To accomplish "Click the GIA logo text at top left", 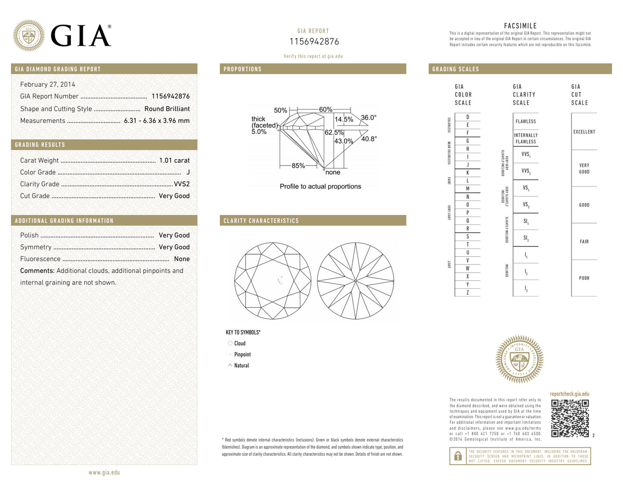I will pos(81,36).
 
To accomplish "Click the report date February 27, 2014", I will pos(47,85).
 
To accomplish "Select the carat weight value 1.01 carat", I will pos(174,161).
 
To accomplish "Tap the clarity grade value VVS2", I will pos(182,184).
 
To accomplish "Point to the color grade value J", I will pos(188,172).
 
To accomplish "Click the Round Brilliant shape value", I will pos(167,109).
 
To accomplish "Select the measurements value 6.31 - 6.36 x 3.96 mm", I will pos(157,121).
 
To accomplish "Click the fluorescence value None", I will pos(182,259).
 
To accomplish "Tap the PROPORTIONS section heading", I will pos(242,69).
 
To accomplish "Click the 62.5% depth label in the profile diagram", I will pos(334,132).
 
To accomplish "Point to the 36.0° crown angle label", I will pos(369,117).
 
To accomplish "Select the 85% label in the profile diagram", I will pos(298,166).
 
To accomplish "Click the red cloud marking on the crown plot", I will pos(280,280).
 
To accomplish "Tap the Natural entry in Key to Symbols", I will pos(241,365).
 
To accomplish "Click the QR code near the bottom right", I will pos(570,418).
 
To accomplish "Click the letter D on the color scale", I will pos(467,117).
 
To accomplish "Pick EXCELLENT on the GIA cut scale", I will pos(584,132).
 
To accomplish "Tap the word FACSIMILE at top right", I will pos(520,26).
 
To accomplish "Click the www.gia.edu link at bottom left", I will pos(104,473).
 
